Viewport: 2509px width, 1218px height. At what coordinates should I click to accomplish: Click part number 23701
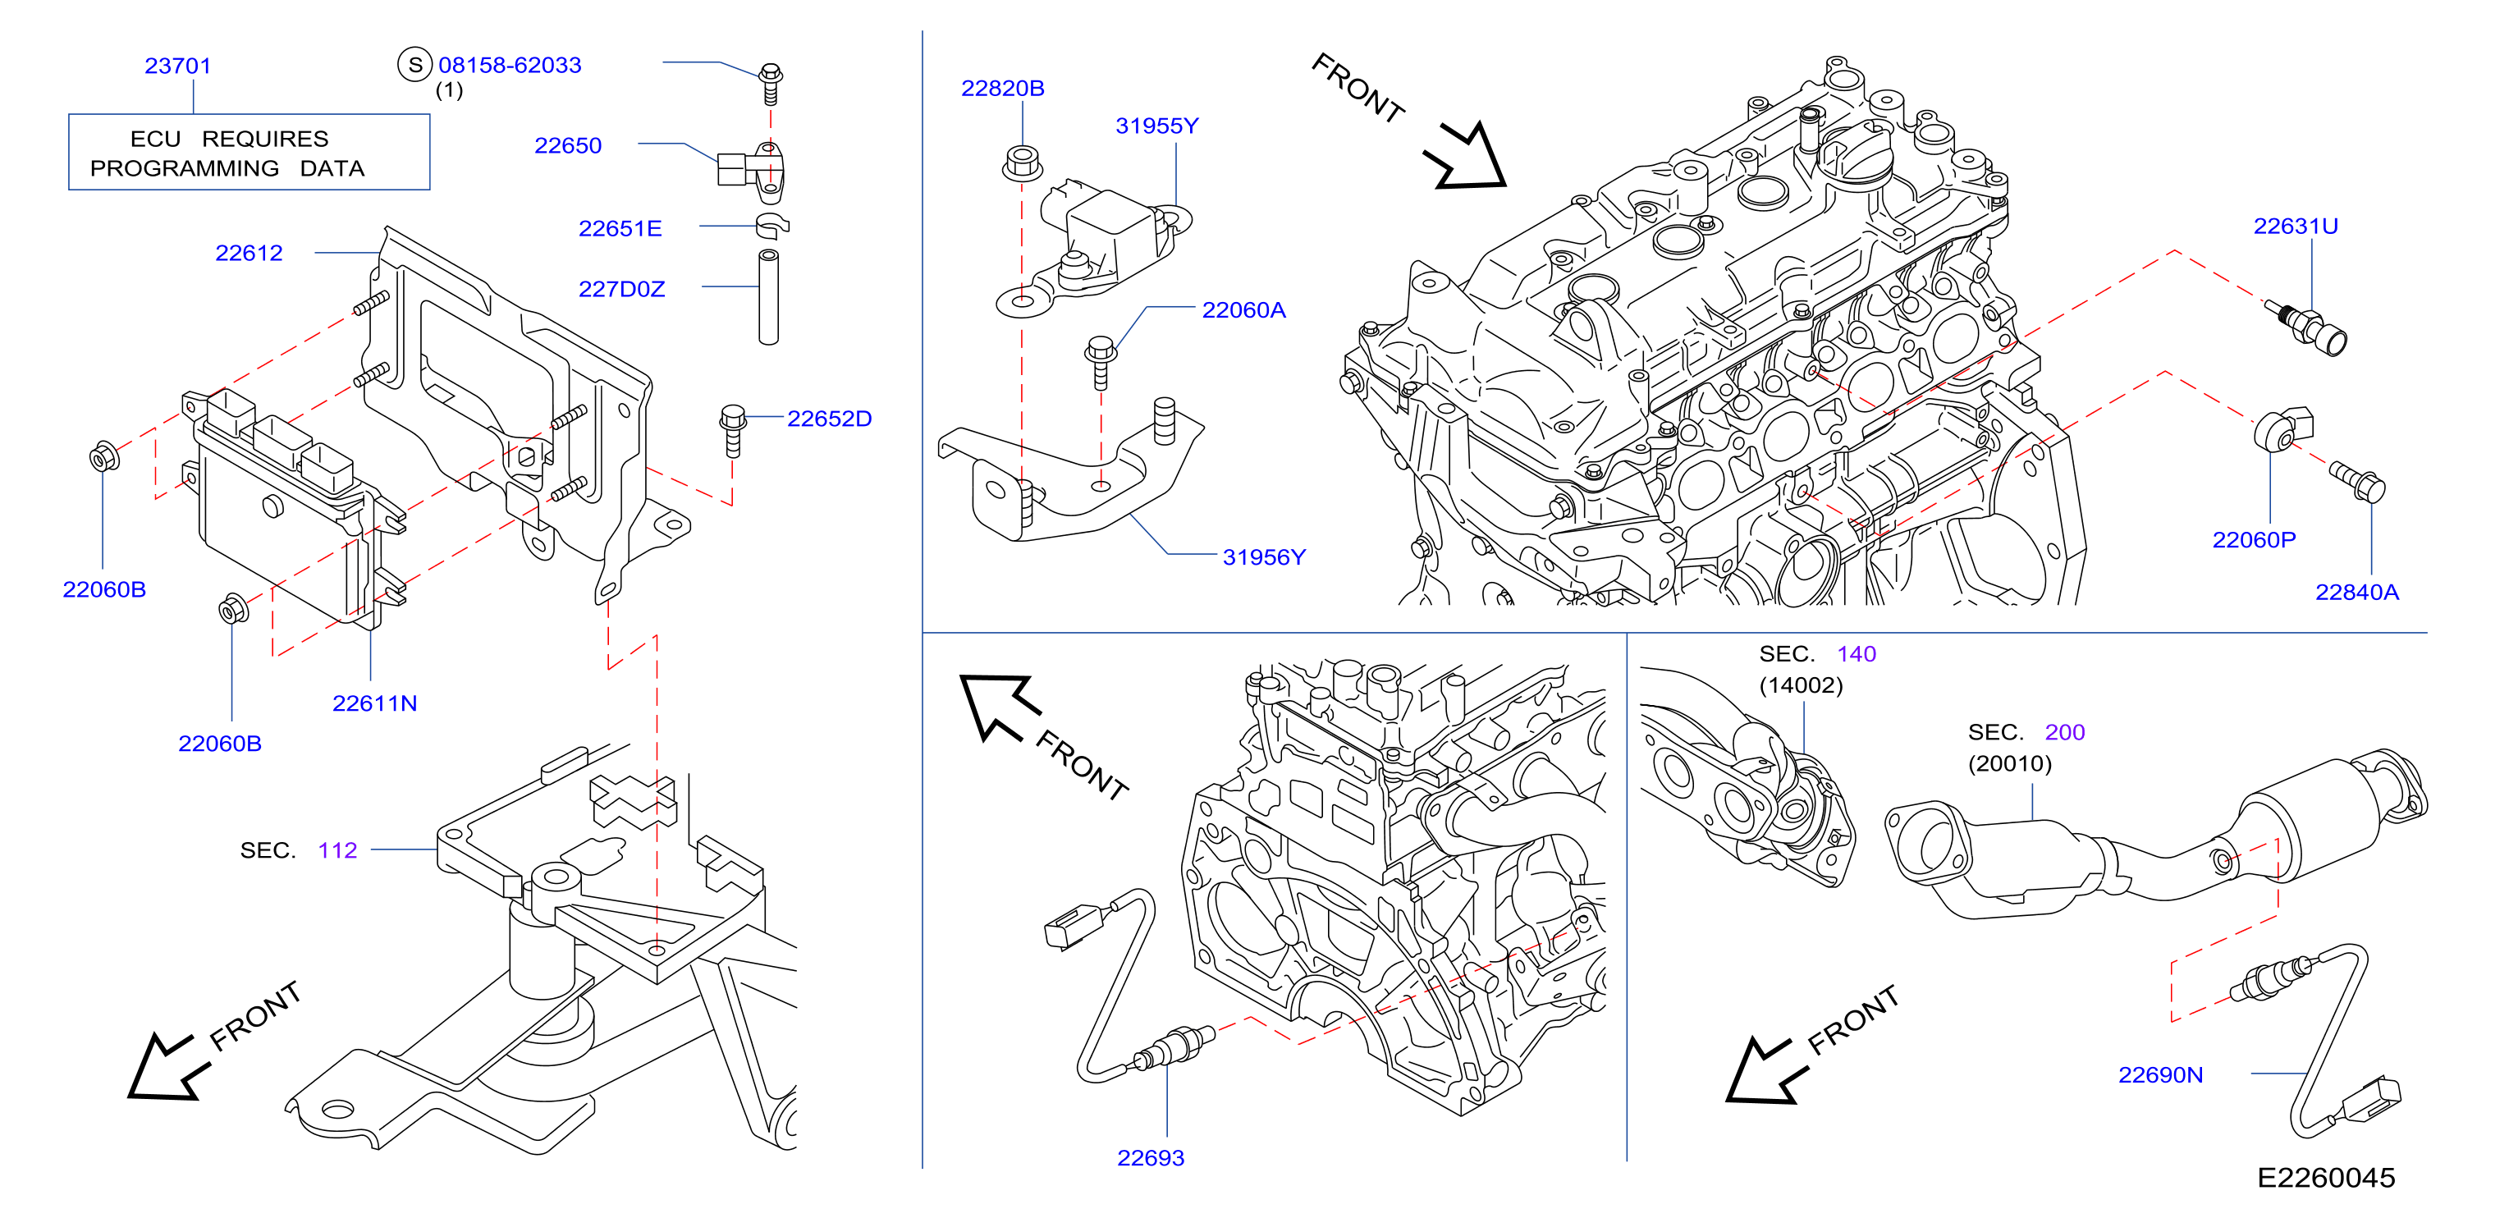click(x=178, y=66)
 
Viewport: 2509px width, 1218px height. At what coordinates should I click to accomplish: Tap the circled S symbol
click(x=415, y=65)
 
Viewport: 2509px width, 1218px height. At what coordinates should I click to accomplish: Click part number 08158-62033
click(x=510, y=65)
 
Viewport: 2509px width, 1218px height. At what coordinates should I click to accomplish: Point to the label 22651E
click(x=620, y=229)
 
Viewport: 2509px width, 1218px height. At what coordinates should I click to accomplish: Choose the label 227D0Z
click(x=621, y=289)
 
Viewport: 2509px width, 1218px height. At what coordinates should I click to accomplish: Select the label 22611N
click(x=375, y=703)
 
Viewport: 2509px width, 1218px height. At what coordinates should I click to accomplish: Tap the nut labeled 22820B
click(x=1022, y=163)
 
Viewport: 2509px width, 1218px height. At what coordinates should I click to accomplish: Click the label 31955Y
click(x=1157, y=126)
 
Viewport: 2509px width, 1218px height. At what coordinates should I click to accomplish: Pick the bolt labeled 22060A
click(x=1101, y=362)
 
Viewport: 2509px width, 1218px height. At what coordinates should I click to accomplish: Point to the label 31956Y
click(x=1264, y=557)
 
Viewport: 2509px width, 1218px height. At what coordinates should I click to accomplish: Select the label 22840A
click(x=2357, y=592)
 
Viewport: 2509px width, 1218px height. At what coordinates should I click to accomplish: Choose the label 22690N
click(x=2160, y=1075)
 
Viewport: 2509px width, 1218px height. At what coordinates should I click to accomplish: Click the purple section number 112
click(x=338, y=850)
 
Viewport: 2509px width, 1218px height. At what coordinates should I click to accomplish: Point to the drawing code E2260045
click(x=2326, y=1178)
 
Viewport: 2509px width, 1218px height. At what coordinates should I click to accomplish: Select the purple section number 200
click(x=2065, y=732)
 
